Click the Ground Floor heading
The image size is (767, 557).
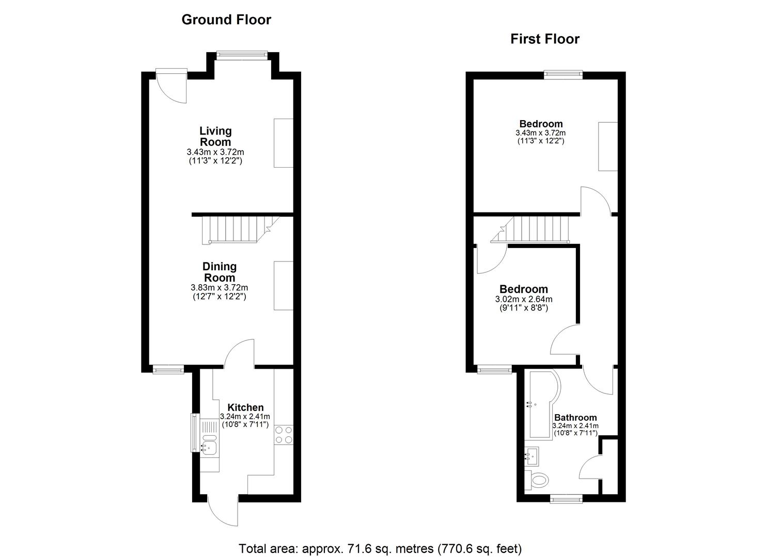[x=226, y=20]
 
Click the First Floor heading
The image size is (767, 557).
[x=545, y=39]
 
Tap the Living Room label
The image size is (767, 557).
[x=215, y=136]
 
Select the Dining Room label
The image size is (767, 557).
[x=219, y=272]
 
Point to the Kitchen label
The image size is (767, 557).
[x=245, y=407]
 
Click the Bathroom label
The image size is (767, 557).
[x=575, y=418]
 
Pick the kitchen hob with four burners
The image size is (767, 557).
[x=284, y=435]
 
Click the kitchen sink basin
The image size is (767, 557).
[x=209, y=448]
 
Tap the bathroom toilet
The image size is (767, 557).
[x=537, y=480]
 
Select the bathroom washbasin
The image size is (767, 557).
[x=532, y=456]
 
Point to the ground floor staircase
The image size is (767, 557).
[x=241, y=230]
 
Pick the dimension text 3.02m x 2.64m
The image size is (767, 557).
[x=524, y=299]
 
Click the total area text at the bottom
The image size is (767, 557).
[x=380, y=539]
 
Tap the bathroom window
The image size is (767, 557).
[x=566, y=500]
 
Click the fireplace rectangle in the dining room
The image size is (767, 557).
[x=284, y=286]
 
